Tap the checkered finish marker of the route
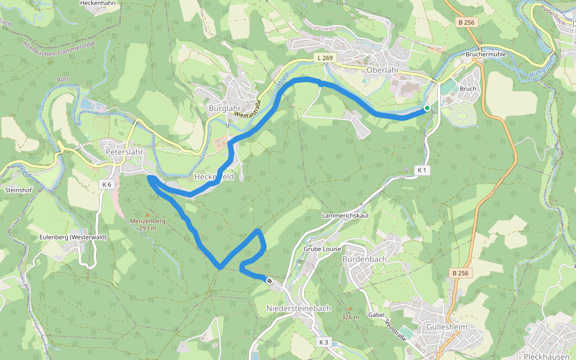click(269, 280)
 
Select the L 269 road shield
click(323, 58)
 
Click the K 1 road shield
click(422, 170)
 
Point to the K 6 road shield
click(107, 184)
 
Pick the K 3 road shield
click(323, 342)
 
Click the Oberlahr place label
click(382, 70)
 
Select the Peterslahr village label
click(124, 152)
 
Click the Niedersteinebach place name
click(298, 308)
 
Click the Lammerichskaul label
click(345, 215)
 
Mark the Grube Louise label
click(322, 249)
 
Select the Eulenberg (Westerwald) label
click(73, 237)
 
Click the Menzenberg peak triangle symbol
click(148, 214)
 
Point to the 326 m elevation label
click(350, 317)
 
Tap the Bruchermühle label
click(485, 55)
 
